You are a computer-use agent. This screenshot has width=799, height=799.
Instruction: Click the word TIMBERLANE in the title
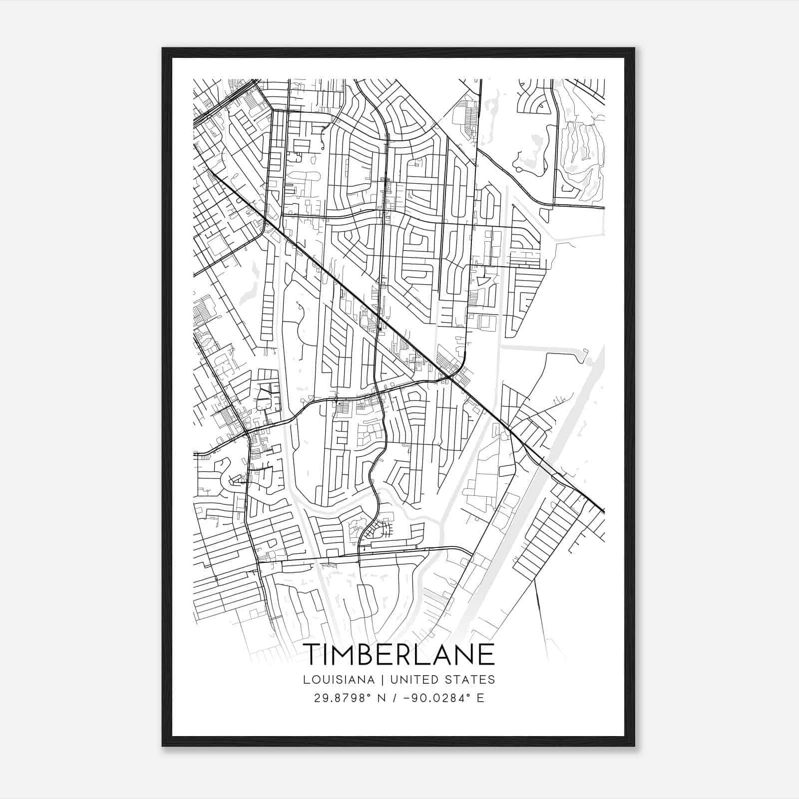click(x=399, y=655)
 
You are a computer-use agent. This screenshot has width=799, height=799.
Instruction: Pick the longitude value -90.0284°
click(x=432, y=698)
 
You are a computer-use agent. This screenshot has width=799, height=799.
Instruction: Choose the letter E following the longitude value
click(x=480, y=698)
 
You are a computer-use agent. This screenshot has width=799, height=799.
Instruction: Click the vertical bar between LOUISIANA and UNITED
click(x=383, y=680)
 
